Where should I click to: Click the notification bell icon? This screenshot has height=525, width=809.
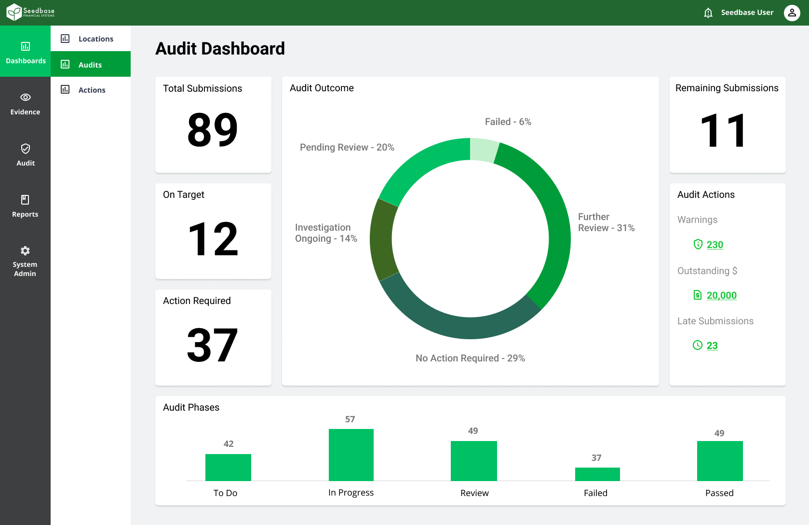coord(708,13)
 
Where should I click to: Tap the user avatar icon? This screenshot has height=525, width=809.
coord(792,13)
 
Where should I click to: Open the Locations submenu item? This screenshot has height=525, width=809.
coord(95,39)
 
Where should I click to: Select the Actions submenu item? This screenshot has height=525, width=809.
coord(92,90)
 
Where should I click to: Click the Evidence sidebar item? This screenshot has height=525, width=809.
coord(25,104)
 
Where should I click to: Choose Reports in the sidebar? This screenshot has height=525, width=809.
coord(25,206)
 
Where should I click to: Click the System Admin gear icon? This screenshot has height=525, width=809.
coord(25,250)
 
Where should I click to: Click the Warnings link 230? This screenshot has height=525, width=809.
coord(715,245)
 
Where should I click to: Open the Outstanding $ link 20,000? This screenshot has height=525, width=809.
coord(721,295)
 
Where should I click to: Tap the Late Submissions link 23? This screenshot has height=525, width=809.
coord(712,345)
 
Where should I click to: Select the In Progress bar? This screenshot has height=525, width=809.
coord(351,455)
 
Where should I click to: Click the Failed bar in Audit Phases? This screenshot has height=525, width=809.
coord(597,474)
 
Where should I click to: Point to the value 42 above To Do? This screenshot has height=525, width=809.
coord(229,444)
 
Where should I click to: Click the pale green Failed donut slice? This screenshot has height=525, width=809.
coord(484,150)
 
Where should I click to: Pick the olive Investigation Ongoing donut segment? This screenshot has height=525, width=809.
coord(383,239)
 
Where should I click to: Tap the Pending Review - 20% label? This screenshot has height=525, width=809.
coord(347,148)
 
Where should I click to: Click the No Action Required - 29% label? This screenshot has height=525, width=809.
coord(470,359)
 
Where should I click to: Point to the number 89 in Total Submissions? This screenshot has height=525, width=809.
coord(213,130)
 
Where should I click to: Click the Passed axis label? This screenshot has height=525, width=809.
coord(719,493)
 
